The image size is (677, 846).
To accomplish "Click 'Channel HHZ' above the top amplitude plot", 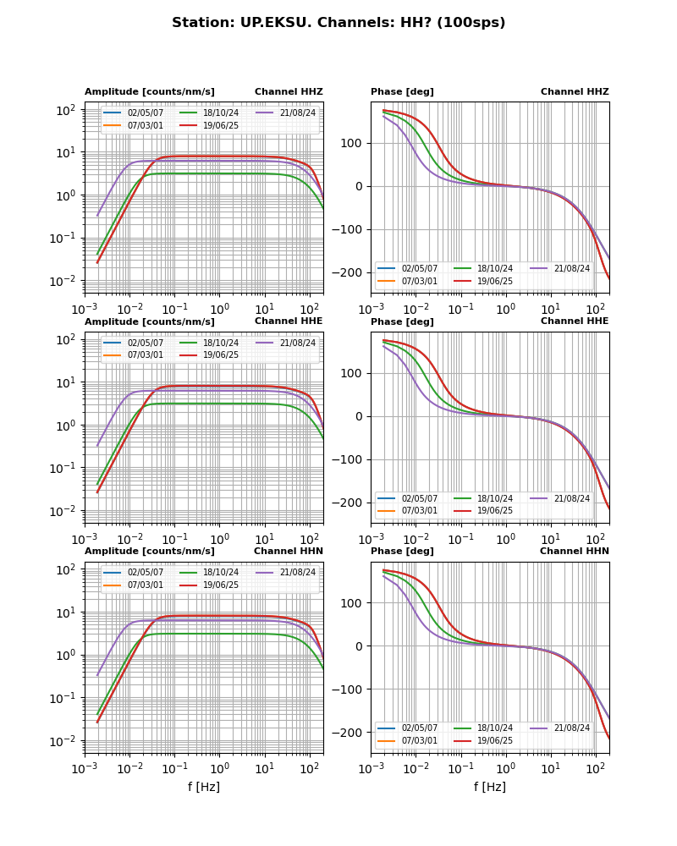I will pos(289,92).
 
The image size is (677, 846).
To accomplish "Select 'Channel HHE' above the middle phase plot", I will pos(575,321).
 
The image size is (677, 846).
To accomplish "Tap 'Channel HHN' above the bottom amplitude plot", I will pos(289,552).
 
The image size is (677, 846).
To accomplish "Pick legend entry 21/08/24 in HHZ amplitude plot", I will pos(297,113).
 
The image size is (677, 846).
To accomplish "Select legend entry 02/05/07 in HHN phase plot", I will pos(420,728).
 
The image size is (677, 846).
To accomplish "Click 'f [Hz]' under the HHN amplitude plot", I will pos(204,788).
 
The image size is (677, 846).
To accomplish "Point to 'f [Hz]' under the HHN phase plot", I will pos(490,788).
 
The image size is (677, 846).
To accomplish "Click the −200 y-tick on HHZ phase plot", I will pos(350,272).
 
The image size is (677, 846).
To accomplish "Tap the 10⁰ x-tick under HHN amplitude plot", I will pos(220,767).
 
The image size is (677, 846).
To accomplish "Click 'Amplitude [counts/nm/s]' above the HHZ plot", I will pos(150,92).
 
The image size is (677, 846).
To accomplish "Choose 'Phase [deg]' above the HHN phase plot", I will pos(402,552).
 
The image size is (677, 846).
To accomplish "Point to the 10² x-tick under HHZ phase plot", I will pos(596,307).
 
